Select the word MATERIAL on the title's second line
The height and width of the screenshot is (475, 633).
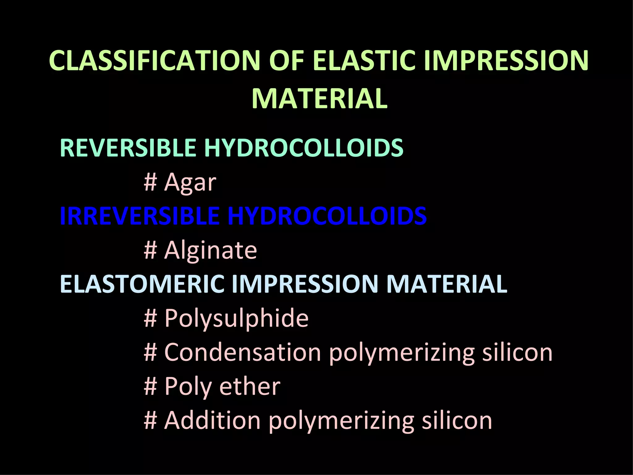tap(320, 99)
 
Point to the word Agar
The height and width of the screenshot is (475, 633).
tap(190, 182)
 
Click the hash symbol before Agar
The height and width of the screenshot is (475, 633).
tap(151, 182)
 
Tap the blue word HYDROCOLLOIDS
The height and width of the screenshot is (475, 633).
tap(327, 216)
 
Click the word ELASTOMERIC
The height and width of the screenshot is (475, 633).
tap(142, 284)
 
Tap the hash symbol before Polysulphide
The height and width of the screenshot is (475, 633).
tap(151, 319)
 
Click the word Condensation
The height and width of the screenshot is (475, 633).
tap(243, 353)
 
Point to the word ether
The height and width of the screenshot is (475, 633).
tap(250, 387)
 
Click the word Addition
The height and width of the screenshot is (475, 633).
tap(212, 421)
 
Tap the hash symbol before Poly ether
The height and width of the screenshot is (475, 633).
tap(151, 387)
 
